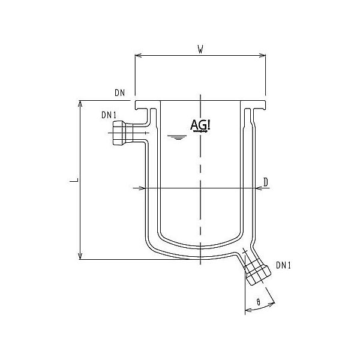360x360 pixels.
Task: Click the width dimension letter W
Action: pyautogui.click(x=199, y=49)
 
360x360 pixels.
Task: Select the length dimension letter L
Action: pyautogui.click(x=72, y=179)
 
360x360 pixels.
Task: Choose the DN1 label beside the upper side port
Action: pyautogui.click(x=109, y=115)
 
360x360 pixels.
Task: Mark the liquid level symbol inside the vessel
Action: pyautogui.click(x=176, y=138)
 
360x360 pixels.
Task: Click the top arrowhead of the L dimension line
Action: pyautogui.click(x=80, y=103)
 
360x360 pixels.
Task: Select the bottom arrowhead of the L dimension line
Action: pyautogui.click(x=80, y=256)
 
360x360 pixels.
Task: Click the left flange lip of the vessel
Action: pyautogui.click(x=143, y=107)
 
